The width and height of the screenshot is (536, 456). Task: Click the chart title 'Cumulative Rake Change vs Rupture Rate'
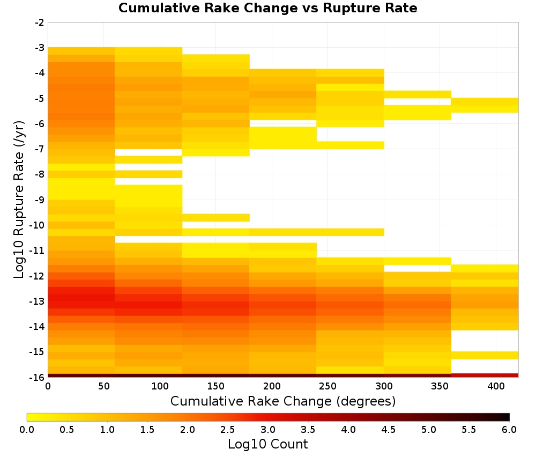[x=267, y=8]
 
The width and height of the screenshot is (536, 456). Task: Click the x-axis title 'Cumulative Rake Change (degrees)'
[x=283, y=401]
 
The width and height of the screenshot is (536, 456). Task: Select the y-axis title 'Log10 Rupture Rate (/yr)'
[x=19, y=200]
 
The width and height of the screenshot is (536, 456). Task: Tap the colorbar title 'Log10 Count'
[x=267, y=444]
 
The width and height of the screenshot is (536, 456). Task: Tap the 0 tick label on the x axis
[x=48, y=386]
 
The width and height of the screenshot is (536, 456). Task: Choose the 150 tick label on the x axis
[x=216, y=386]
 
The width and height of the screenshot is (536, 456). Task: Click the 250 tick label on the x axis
[x=328, y=386]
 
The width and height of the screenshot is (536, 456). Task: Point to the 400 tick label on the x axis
[x=496, y=386]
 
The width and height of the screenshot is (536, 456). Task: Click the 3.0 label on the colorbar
[x=268, y=430]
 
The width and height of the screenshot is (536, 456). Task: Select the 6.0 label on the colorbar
[x=509, y=430]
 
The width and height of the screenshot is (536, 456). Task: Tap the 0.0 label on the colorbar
[x=27, y=430]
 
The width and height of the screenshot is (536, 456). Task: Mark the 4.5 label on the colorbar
[x=389, y=430]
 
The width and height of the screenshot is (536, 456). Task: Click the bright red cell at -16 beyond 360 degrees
[x=485, y=376]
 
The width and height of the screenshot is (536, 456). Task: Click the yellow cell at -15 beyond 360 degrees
[x=485, y=356]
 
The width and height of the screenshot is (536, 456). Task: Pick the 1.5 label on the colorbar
[x=147, y=430]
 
